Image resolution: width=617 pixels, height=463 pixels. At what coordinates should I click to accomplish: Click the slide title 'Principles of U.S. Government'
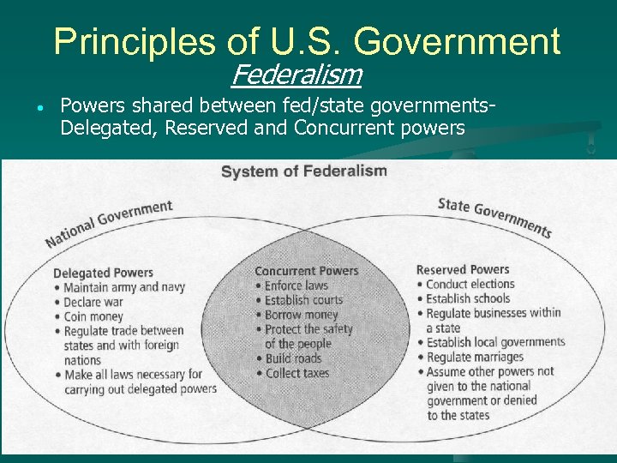point(307,41)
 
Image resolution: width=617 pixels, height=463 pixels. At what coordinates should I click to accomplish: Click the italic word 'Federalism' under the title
point(296,75)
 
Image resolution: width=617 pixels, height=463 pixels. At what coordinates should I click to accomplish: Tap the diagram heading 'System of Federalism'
point(303,171)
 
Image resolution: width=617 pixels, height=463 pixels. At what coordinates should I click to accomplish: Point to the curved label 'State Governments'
point(494,217)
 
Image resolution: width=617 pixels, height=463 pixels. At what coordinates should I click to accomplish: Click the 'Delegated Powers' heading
point(103,273)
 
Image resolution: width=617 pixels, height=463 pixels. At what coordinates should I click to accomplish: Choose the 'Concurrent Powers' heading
point(306,271)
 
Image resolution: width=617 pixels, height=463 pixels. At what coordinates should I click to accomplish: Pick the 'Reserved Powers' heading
point(462,269)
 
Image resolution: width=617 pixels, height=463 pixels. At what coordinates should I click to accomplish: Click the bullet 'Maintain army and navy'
point(124,287)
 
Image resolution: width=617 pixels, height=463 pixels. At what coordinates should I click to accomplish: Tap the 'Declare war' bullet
point(98,302)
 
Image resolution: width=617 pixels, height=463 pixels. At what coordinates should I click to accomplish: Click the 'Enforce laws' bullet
point(296,286)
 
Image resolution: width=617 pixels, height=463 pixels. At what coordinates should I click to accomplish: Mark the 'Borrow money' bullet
point(301,315)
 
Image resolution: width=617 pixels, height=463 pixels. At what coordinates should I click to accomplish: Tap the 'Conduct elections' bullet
point(470,284)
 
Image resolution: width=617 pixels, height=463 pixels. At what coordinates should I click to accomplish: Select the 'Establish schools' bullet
point(467,298)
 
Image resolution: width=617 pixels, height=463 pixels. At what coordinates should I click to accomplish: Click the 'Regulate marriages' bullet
point(474,357)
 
